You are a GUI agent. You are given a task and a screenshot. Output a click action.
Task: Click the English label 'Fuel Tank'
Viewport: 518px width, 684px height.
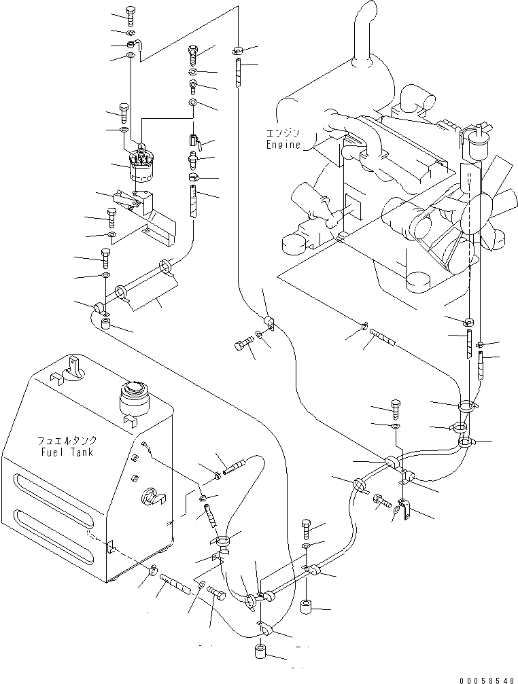67,452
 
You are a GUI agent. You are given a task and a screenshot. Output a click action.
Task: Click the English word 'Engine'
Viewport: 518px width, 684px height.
283,145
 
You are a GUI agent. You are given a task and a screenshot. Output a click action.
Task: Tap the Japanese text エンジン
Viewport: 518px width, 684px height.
283,132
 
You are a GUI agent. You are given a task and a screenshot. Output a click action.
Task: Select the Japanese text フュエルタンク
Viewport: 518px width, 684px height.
67,441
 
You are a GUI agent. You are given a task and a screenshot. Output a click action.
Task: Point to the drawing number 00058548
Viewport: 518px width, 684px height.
487,680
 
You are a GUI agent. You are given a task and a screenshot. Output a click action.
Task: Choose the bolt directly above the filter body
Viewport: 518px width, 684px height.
124,113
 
